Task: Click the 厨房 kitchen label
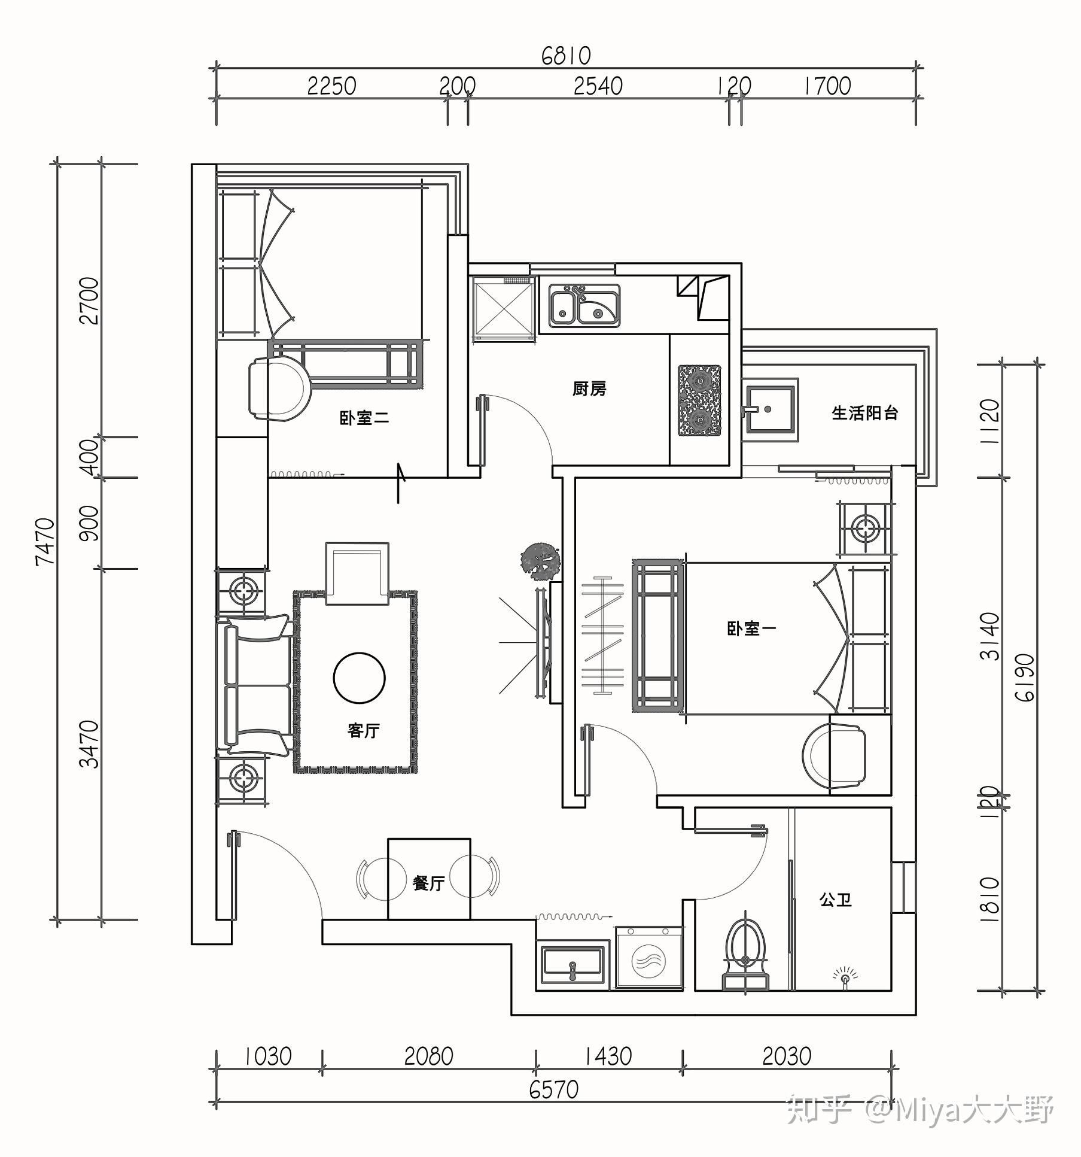(589, 389)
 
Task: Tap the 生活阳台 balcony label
(865, 412)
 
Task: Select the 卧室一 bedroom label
(751, 628)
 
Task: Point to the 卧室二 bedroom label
(364, 417)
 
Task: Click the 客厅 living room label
(363, 730)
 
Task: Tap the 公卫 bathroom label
(835, 899)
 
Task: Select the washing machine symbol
(649, 958)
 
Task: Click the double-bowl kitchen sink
(584, 306)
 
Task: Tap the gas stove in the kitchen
(699, 400)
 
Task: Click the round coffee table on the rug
(359, 678)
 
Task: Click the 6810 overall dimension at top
(566, 56)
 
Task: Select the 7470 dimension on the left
(46, 542)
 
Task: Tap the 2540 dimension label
(598, 87)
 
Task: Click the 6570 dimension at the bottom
(554, 1089)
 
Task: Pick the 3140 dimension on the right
(989, 636)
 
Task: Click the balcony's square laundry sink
(772, 410)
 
